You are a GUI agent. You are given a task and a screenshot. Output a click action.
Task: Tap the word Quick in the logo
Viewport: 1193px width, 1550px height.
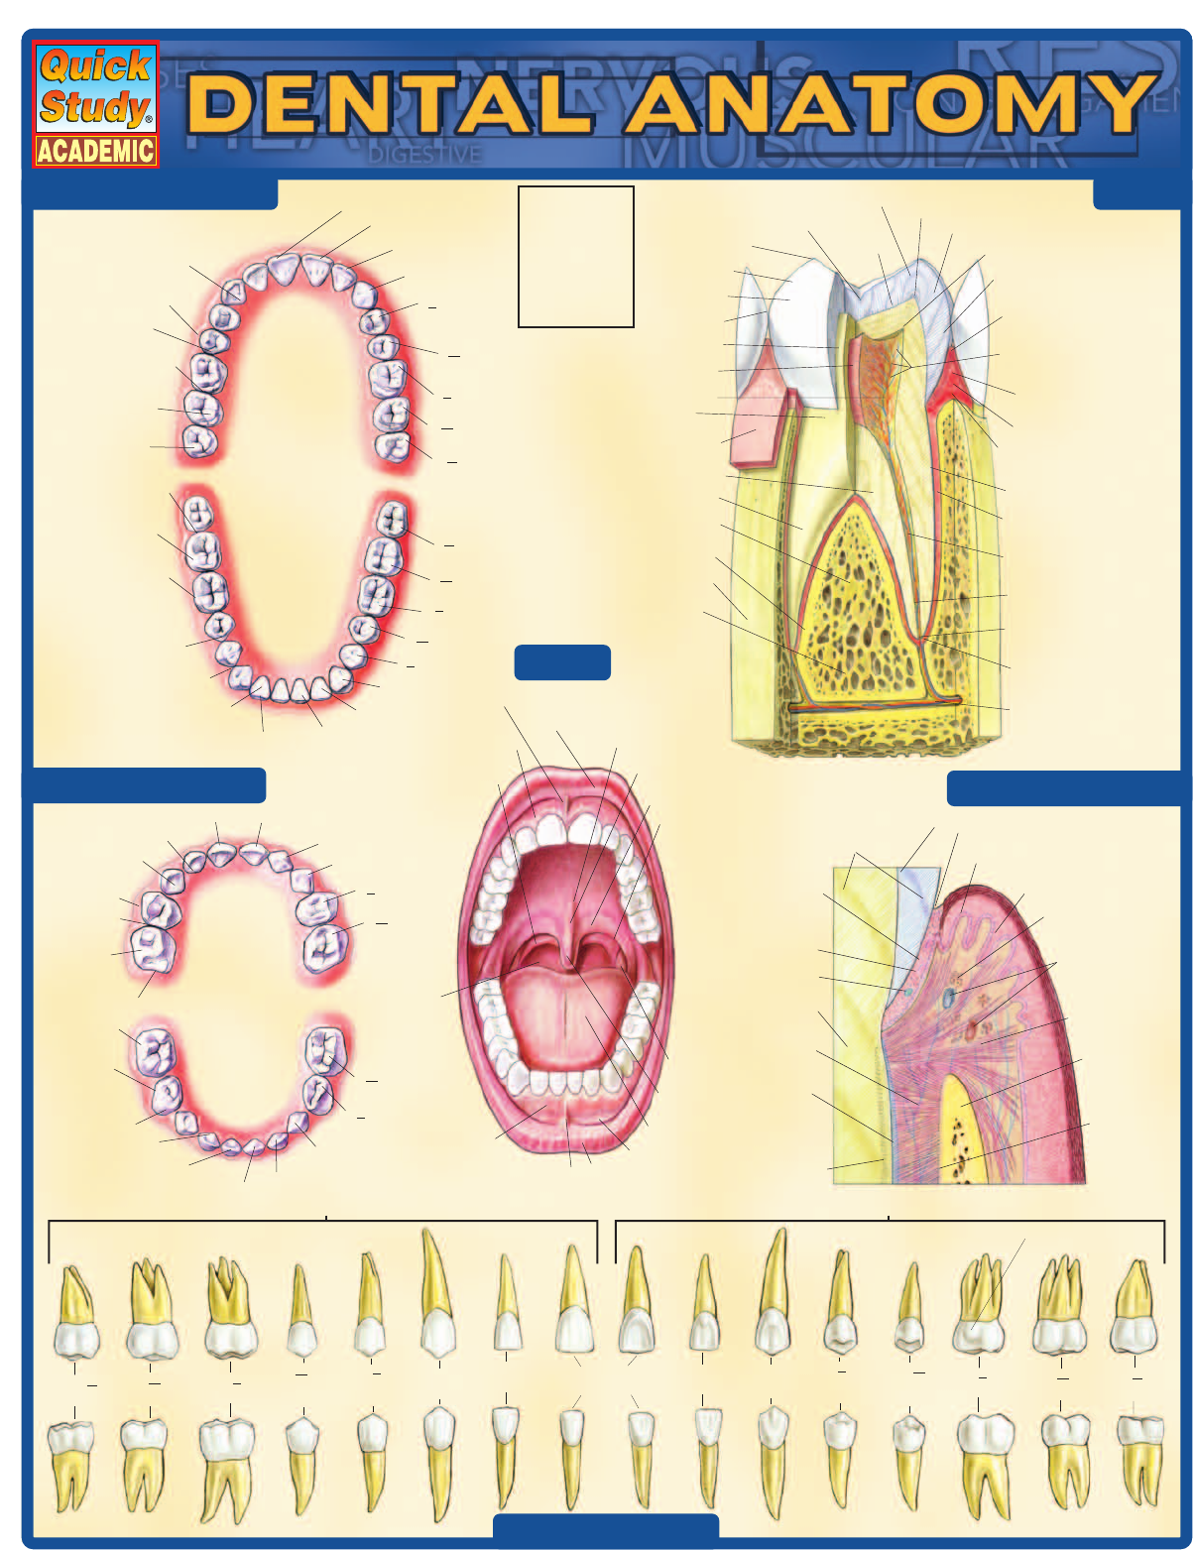pyautogui.click(x=95, y=66)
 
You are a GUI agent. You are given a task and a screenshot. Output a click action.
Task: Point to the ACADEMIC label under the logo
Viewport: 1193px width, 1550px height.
pyautogui.click(x=95, y=151)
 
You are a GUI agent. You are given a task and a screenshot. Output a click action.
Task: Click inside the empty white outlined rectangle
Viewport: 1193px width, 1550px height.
pyautogui.click(x=575, y=256)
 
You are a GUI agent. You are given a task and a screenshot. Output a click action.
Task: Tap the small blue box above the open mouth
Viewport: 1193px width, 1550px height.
pyautogui.click(x=562, y=662)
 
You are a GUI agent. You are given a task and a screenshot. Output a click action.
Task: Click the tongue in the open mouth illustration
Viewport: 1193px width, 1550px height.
pyautogui.click(x=565, y=1021)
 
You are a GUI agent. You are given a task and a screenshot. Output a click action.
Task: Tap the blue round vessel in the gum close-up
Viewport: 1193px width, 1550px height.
pyautogui.click(x=949, y=996)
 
